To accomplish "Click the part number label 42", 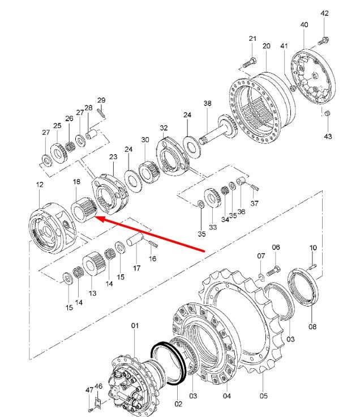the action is click(x=325, y=13).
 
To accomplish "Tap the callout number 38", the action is click(x=208, y=103).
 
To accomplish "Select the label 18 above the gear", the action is click(x=76, y=182).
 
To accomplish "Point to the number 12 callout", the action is click(x=40, y=184).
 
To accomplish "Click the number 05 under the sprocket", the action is click(x=264, y=395).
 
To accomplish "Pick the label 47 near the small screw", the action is click(x=89, y=390).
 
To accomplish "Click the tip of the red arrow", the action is click(x=95, y=217).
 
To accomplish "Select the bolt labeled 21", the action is click(x=250, y=63).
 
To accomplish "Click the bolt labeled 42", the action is click(x=323, y=41).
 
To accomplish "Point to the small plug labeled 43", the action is click(x=328, y=113).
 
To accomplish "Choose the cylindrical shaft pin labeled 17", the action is click(x=135, y=239).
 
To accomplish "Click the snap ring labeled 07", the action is click(x=261, y=277).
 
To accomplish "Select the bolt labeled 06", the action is click(x=273, y=271).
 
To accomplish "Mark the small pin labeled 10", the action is click(x=312, y=266).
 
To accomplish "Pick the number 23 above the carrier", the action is click(x=113, y=156).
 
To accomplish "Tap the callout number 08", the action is click(x=312, y=326).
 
